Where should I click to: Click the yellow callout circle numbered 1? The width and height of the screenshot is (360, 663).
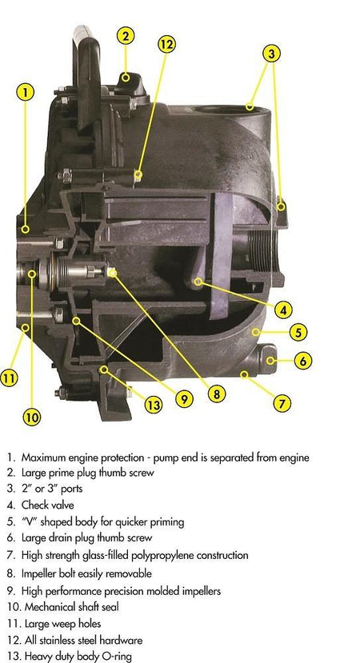pyautogui.click(x=26, y=93)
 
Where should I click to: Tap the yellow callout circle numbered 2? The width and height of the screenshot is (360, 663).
pyautogui.click(x=126, y=36)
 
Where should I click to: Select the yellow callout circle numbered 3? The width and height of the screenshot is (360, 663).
pyautogui.click(x=271, y=54)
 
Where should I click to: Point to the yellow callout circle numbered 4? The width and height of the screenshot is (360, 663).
pyautogui.click(x=283, y=310)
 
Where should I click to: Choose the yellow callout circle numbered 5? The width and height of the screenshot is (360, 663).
pyautogui.click(x=298, y=333)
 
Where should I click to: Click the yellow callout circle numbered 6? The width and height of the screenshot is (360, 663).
pyautogui.click(x=303, y=361)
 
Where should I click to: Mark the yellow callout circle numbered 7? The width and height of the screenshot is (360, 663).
pyautogui.click(x=282, y=403)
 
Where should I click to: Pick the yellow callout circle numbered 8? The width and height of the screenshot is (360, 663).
pyautogui.click(x=217, y=394)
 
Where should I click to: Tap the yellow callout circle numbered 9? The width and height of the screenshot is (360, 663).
pyautogui.click(x=184, y=398)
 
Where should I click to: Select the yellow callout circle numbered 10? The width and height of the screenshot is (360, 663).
pyautogui.click(x=31, y=417)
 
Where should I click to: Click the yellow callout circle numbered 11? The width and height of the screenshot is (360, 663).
pyautogui.click(x=9, y=377)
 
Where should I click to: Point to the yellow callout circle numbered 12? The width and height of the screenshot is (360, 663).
pyautogui.click(x=166, y=45)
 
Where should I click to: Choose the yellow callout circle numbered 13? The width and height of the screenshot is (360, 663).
pyautogui.click(x=153, y=405)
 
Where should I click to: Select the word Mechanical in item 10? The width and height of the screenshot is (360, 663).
pyautogui.click(x=46, y=607)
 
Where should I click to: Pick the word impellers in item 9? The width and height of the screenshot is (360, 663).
pyautogui.click(x=201, y=591)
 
